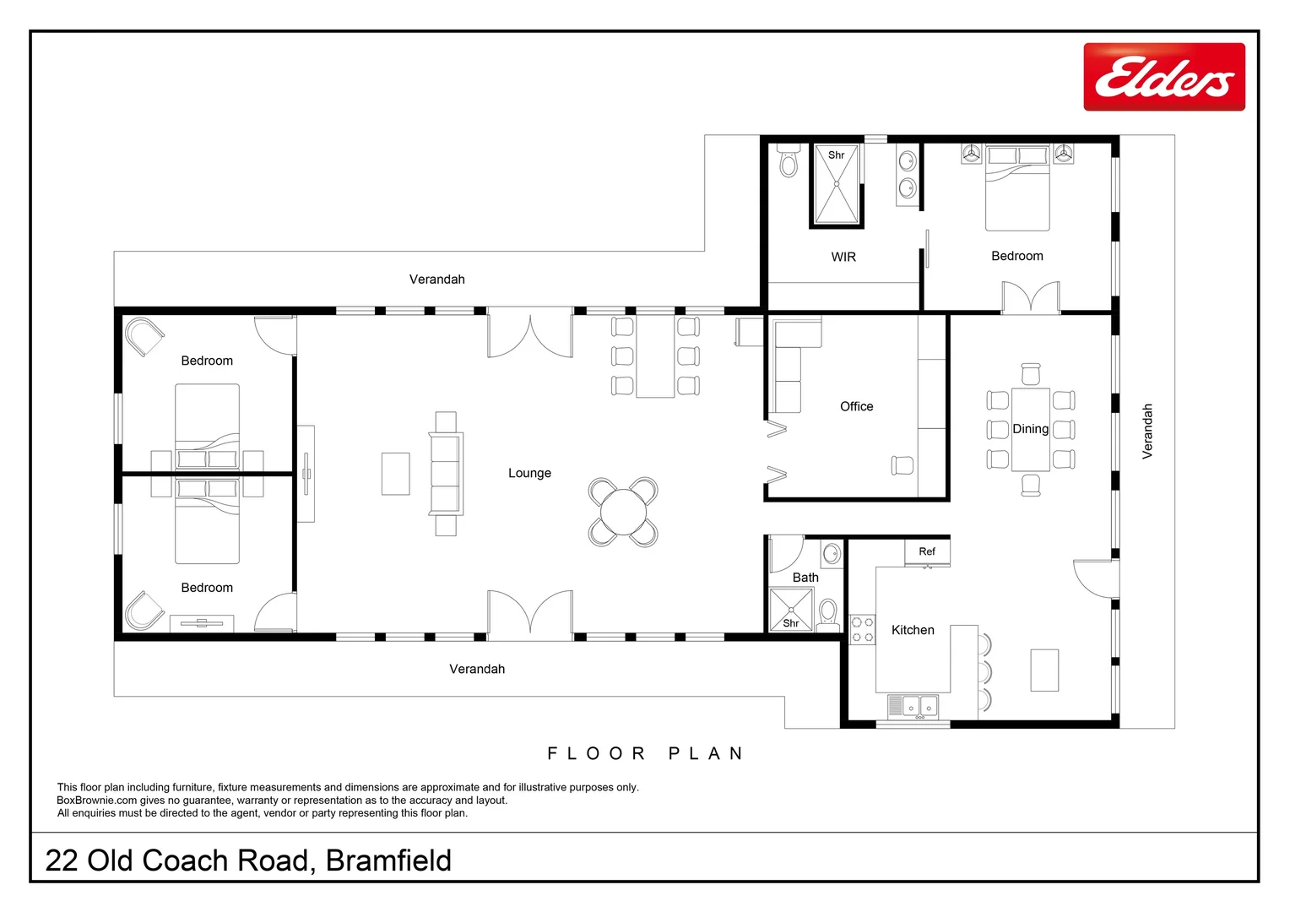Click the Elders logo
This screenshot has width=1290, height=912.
(x=1163, y=77)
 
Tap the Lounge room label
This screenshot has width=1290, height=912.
(x=529, y=473)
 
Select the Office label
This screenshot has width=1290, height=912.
(x=856, y=406)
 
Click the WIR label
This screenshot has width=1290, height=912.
(x=843, y=257)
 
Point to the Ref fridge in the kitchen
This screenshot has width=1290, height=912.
(x=927, y=552)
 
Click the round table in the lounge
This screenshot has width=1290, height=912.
(x=623, y=512)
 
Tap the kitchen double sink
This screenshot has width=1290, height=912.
(x=913, y=704)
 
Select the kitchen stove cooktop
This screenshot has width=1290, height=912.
(x=862, y=629)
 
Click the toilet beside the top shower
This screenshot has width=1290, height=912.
(x=789, y=160)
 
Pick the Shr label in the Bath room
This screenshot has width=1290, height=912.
(x=790, y=623)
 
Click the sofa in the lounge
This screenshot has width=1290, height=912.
(x=446, y=473)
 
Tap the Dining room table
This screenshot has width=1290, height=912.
(x=1031, y=429)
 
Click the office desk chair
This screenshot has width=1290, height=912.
(x=902, y=465)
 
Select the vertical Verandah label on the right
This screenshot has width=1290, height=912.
(x=1146, y=432)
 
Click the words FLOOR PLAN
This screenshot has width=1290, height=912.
(x=645, y=753)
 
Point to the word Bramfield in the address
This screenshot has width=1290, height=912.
(x=388, y=860)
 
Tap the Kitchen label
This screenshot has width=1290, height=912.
(x=913, y=630)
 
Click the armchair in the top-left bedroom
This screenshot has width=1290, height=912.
(x=144, y=337)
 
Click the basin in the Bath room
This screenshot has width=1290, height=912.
(x=831, y=554)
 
